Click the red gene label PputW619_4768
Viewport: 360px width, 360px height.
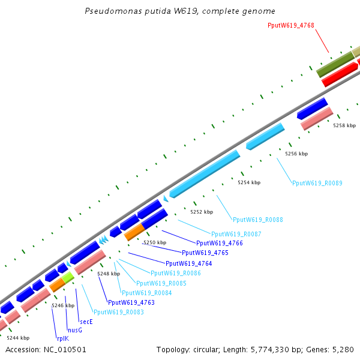tap(291, 25)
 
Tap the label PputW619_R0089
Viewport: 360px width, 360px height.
tap(317, 183)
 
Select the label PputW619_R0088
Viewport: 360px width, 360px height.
tap(258, 220)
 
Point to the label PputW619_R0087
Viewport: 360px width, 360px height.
tap(236, 234)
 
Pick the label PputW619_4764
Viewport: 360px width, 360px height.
tap(189, 263)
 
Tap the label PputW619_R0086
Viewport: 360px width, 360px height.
tap(176, 273)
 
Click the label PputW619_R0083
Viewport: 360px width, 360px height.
tap(118, 312)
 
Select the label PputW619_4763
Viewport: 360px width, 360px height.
tap(131, 302)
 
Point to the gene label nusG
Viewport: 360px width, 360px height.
tap(74, 330)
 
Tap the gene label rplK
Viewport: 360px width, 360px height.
tap(63, 338)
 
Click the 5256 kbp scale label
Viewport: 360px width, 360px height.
tap(296, 154)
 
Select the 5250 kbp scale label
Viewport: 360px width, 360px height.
tap(154, 242)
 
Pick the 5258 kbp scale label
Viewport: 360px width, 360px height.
tap(344, 125)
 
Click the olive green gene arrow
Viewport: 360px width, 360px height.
tap(335, 64)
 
